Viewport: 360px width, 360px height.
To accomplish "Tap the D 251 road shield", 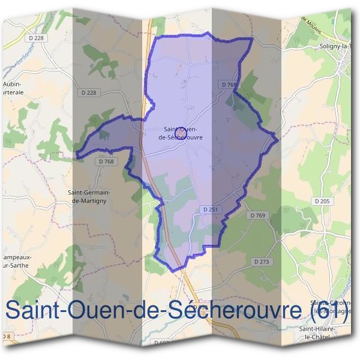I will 210,209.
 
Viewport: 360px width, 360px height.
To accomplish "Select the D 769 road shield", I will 257,215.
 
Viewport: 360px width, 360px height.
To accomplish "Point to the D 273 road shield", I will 262,262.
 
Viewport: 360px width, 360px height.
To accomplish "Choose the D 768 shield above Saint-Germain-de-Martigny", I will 106,161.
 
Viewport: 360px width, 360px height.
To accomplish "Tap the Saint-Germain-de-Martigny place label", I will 94,196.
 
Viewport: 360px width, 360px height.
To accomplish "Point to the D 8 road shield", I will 6,335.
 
